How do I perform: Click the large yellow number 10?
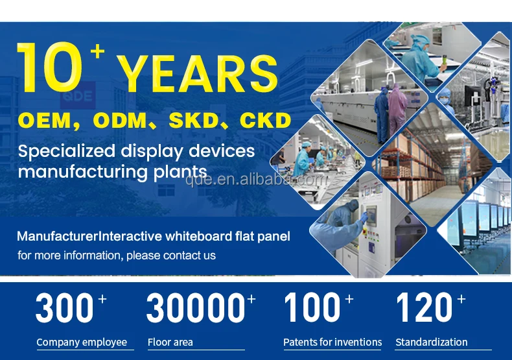click(50, 67)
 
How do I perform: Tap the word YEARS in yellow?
click(197, 73)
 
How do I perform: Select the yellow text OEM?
click(45, 120)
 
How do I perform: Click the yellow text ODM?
click(120, 120)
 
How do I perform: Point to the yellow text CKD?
click(265, 120)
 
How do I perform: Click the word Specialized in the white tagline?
click(67, 152)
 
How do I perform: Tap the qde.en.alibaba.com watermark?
click(257, 179)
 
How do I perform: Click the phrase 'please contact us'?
click(171, 256)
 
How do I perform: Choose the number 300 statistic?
click(64, 307)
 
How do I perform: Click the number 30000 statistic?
click(196, 307)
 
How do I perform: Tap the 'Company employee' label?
click(82, 342)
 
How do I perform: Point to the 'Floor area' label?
click(170, 342)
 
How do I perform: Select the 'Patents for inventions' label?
click(332, 342)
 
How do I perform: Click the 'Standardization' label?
click(432, 342)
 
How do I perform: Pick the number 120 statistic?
click(424, 307)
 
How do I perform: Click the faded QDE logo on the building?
click(78, 96)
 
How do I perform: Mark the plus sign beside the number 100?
click(349, 298)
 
